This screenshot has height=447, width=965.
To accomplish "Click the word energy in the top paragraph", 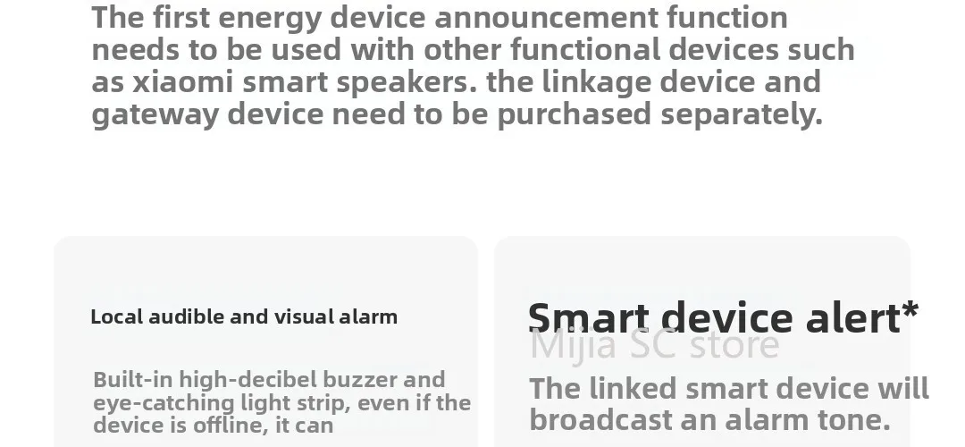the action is pyautogui.click(x=270, y=19).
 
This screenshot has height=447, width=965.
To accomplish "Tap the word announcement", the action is pyautogui.click(x=547, y=17).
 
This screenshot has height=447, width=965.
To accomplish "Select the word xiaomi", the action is pyautogui.click(x=183, y=82).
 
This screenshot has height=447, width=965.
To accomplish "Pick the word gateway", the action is pyautogui.click(x=155, y=115).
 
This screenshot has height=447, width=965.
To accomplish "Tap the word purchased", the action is pyautogui.click(x=574, y=115).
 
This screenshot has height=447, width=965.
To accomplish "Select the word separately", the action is pyautogui.click(x=742, y=115).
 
